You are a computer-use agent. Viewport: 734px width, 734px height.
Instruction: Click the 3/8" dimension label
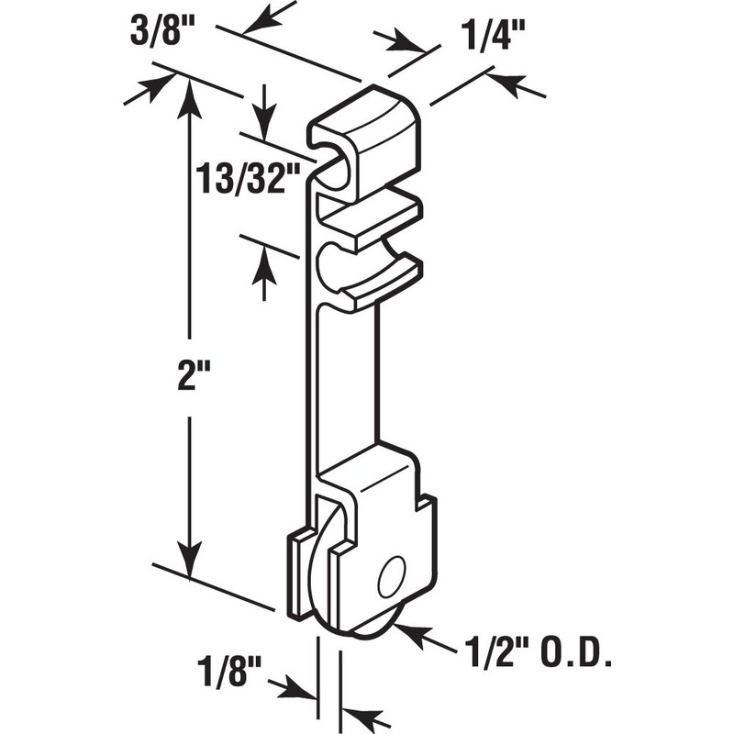click(x=161, y=39)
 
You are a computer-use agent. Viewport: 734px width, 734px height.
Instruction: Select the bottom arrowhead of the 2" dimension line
click(x=189, y=563)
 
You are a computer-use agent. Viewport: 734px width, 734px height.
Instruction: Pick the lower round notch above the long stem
click(x=335, y=267)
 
